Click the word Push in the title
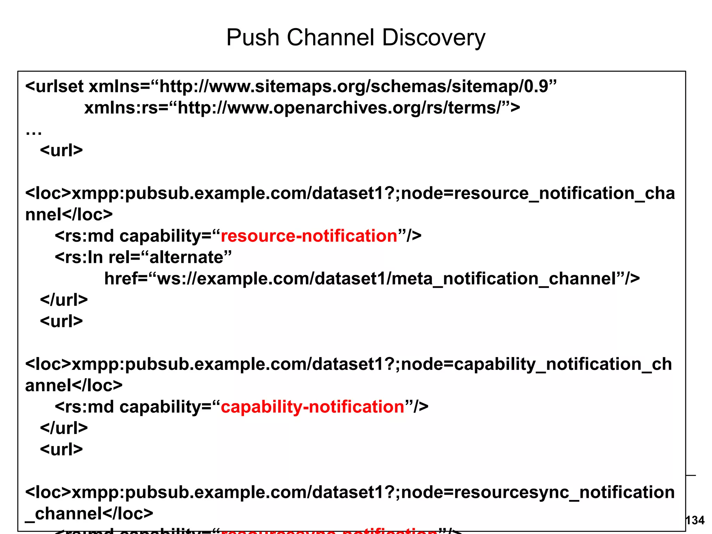click(253, 38)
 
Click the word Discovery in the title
click(433, 38)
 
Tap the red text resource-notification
click(309, 236)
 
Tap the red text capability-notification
click(312, 407)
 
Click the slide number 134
click(695, 520)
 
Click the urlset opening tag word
click(59, 86)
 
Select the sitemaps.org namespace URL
click(358, 86)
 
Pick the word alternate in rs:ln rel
click(186, 258)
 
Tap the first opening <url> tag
click(62, 151)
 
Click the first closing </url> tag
click(64, 300)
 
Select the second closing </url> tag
click(64, 428)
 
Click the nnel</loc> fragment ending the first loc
click(69, 215)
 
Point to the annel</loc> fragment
click(74, 386)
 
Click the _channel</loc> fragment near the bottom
click(89, 513)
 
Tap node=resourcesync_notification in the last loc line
click(537, 492)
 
